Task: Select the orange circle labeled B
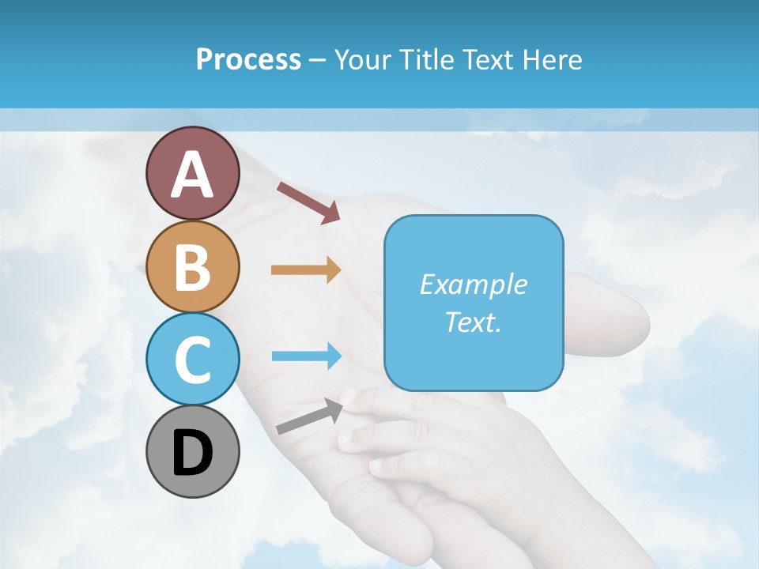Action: pos(192,266)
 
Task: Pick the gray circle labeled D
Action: pos(192,451)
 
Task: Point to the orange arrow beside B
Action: pos(305,270)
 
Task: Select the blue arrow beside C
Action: pos(305,356)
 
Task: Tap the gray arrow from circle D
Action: pos(309,416)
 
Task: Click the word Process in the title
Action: pos(248,59)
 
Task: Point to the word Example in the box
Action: pos(473,284)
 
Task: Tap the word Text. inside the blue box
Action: pos(473,322)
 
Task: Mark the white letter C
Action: pos(192,360)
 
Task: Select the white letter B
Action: pos(192,268)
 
